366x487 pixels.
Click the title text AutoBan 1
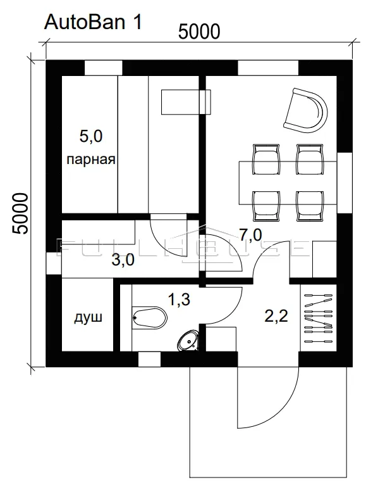pyautogui.click(x=93, y=22)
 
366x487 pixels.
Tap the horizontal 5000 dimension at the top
pyautogui.click(x=200, y=32)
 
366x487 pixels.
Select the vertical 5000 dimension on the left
pyautogui.click(x=20, y=213)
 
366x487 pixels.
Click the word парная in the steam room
pyautogui.click(x=91, y=160)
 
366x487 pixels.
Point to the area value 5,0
pyautogui.click(x=91, y=136)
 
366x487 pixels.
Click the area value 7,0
pyautogui.click(x=250, y=235)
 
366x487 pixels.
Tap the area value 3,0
pyautogui.click(x=123, y=260)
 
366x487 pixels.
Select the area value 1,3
pyautogui.click(x=179, y=300)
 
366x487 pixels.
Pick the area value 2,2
pyautogui.click(x=276, y=316)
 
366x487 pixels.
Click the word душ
pyautogui.click(x=88, y=318)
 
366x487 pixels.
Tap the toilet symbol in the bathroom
pyautogui.click(x=150, y=317)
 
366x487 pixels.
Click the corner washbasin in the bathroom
pyautogui.click(x=188, y=341)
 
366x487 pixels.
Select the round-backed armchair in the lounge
pyautogui.click(x=305, y=111)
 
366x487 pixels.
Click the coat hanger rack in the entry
pyautogui.click(x=318, y=318)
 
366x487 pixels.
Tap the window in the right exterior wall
pyautogui.click(x=345, y=183)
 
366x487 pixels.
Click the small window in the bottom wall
pyautogui.click(x=149, y=359)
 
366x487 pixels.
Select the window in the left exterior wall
pyautogui.click(x=54, y=263)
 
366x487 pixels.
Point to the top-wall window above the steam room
pyautogui.click(x=104, y=68)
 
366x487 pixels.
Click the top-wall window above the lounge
pyautogui.click(x=268, y=68)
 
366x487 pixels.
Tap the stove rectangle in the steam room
pyautogui.click(x=186, y=103)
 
